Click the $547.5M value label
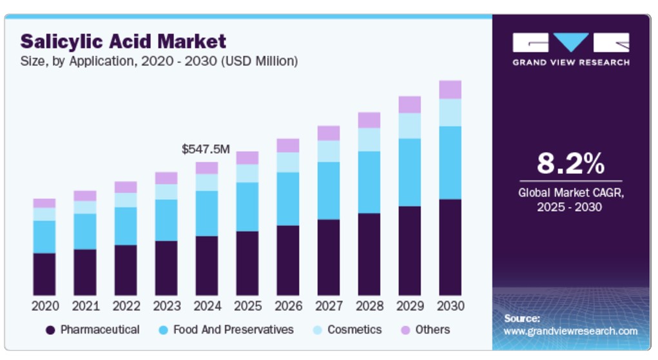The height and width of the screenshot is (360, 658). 206,149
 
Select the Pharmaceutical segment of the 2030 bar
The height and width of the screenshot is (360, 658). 450,247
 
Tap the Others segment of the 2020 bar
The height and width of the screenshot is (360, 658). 44,203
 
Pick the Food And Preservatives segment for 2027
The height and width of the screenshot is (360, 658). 328,191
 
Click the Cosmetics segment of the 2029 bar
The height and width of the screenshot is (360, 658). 409,126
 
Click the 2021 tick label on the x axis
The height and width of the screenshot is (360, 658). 86,305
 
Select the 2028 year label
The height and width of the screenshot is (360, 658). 369,305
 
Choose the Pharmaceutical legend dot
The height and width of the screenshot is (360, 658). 50,330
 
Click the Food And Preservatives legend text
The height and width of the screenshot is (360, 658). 233,330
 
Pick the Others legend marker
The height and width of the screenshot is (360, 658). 405,330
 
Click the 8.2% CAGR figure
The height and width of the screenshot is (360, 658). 570,164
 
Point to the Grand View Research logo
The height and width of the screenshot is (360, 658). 570,49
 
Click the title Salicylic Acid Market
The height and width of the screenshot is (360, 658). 123,42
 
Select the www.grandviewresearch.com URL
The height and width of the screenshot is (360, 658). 570,331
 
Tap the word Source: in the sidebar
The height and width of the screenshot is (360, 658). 521,318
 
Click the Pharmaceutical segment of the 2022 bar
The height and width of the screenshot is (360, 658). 126,270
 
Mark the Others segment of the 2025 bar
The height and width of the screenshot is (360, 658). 247,158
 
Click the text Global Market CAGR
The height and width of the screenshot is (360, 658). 570,193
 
